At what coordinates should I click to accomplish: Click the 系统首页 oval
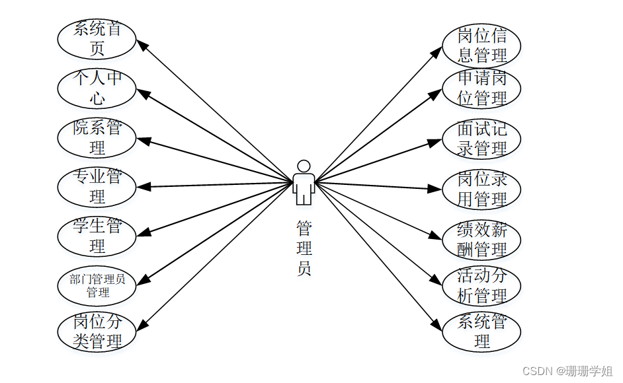97,38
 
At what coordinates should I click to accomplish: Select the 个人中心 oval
97,88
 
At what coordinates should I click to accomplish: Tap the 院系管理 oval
97,137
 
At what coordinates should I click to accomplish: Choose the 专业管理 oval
97,187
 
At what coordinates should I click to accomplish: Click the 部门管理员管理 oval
97,285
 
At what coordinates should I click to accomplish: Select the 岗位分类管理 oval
97,332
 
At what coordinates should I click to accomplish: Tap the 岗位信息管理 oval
482,45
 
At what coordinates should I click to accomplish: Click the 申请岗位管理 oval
482,88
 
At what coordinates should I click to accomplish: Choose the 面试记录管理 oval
482,139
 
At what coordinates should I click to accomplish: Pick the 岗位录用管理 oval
482,190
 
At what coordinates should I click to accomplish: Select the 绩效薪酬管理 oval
482,240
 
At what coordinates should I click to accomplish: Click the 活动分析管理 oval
482,285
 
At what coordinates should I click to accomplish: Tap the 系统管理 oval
482,332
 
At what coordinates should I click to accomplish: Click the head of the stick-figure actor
304,166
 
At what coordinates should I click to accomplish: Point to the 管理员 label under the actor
304,248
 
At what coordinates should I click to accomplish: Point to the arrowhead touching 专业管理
144,187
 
